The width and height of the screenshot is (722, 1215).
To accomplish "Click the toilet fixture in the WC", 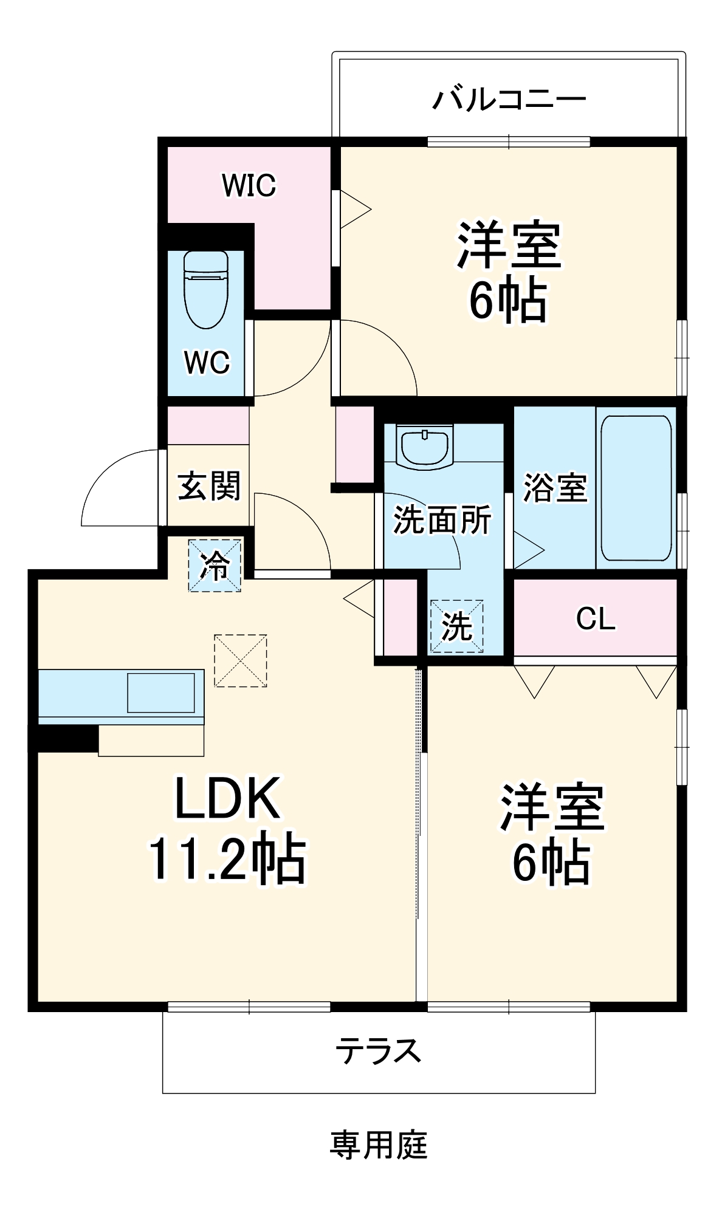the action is click(206, 289).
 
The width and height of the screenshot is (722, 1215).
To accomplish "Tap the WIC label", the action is click(249, 185).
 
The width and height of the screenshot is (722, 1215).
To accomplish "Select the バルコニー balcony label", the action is click(509, 99).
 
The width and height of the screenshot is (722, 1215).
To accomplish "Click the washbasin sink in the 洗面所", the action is click(425, 447).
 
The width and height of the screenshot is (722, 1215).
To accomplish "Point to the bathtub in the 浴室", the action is click(636, 488).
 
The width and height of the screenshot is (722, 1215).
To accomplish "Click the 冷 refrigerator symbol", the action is click(215, 566).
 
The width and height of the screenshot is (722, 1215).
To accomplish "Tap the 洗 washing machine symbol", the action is click(456, 626).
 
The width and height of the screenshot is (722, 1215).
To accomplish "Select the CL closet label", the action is click(596, 619).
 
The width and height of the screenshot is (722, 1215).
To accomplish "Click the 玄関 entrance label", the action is click(209, 486).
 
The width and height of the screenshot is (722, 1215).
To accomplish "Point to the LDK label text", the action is click(228, 798).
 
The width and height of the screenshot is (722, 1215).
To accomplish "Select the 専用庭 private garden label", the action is click(379, 1145).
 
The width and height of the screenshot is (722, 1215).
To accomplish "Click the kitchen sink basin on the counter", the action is click(161, 693).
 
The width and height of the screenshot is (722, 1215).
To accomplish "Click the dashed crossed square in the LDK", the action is click(241, 661).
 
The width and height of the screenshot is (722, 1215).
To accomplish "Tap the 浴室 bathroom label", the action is click(555, 488).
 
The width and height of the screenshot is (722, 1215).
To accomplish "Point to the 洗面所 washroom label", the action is click(442, 520).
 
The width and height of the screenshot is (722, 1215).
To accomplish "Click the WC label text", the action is click(207, 363).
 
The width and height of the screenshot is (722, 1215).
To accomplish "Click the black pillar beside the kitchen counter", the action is click(64, 739).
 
